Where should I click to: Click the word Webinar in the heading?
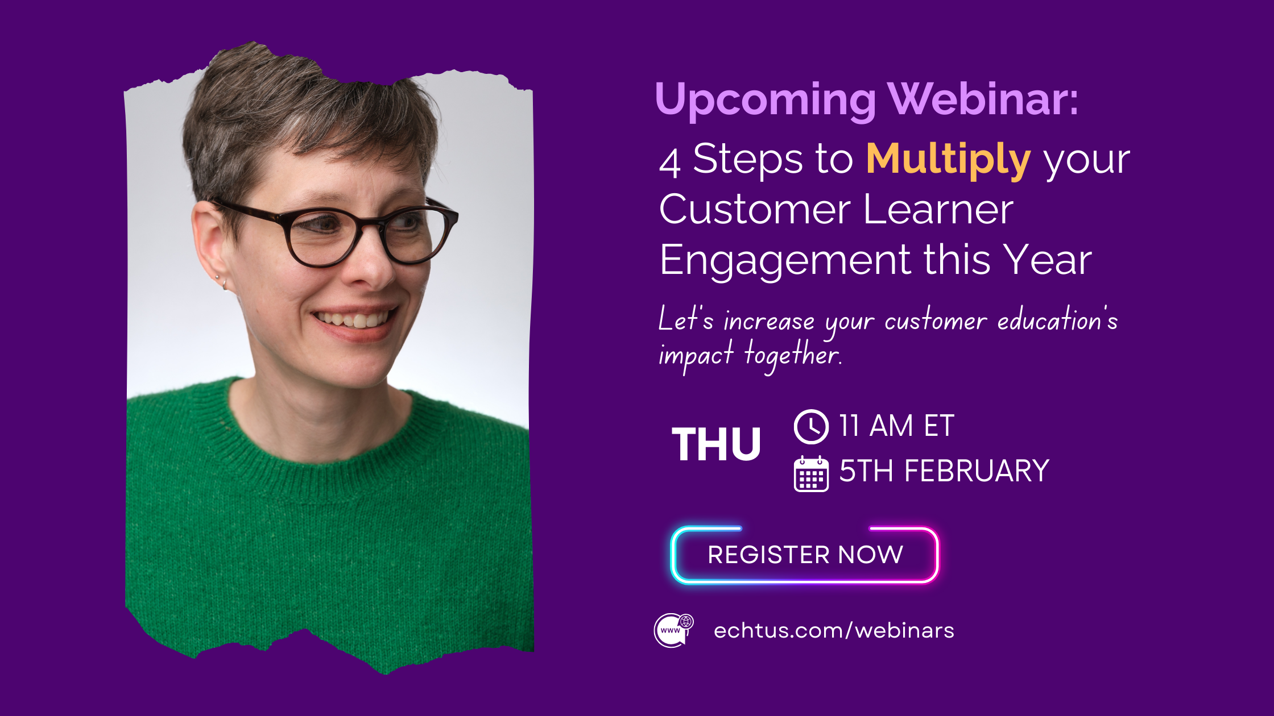point(983,99)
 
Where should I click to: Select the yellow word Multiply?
point(948,160)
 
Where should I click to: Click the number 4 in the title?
point(669,163)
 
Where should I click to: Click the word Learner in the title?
point(938,210)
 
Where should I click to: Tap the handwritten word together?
point(792,356)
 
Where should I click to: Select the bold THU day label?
point(716,444)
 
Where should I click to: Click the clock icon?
point(811,426)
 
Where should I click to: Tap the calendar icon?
point(811,474)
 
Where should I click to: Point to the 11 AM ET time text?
point(896,426)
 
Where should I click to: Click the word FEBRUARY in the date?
point(977,472)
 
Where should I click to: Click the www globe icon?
point(673,630)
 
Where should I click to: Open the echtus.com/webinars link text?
point(834,631)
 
